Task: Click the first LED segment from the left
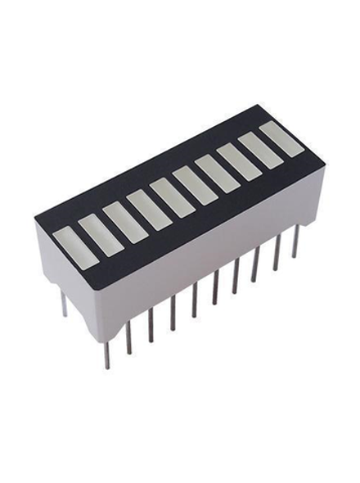[76, 246]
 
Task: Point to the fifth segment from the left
[172, 197]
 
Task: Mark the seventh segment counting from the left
[217, 174]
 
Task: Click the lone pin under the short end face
[63, 303]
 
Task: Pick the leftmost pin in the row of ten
[107, 353]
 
